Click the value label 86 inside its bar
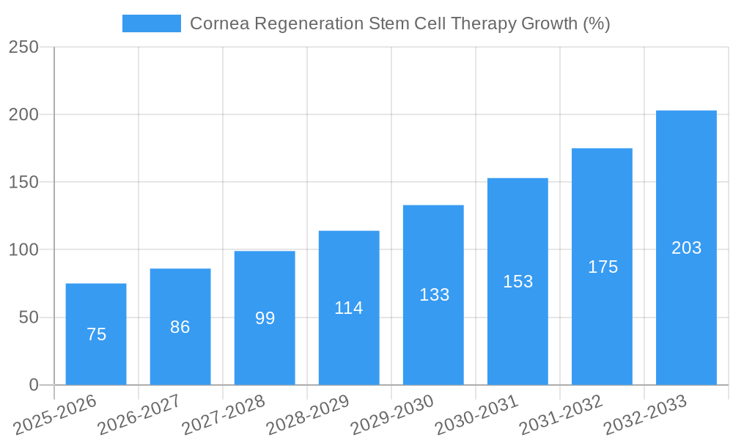point(180,327)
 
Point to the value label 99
point(265,318)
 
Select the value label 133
point(434,295)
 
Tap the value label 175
point(603,267)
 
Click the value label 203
point(686,248)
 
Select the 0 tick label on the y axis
point(33,385)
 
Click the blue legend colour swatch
point(152,23)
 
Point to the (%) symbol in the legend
point(596,23)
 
